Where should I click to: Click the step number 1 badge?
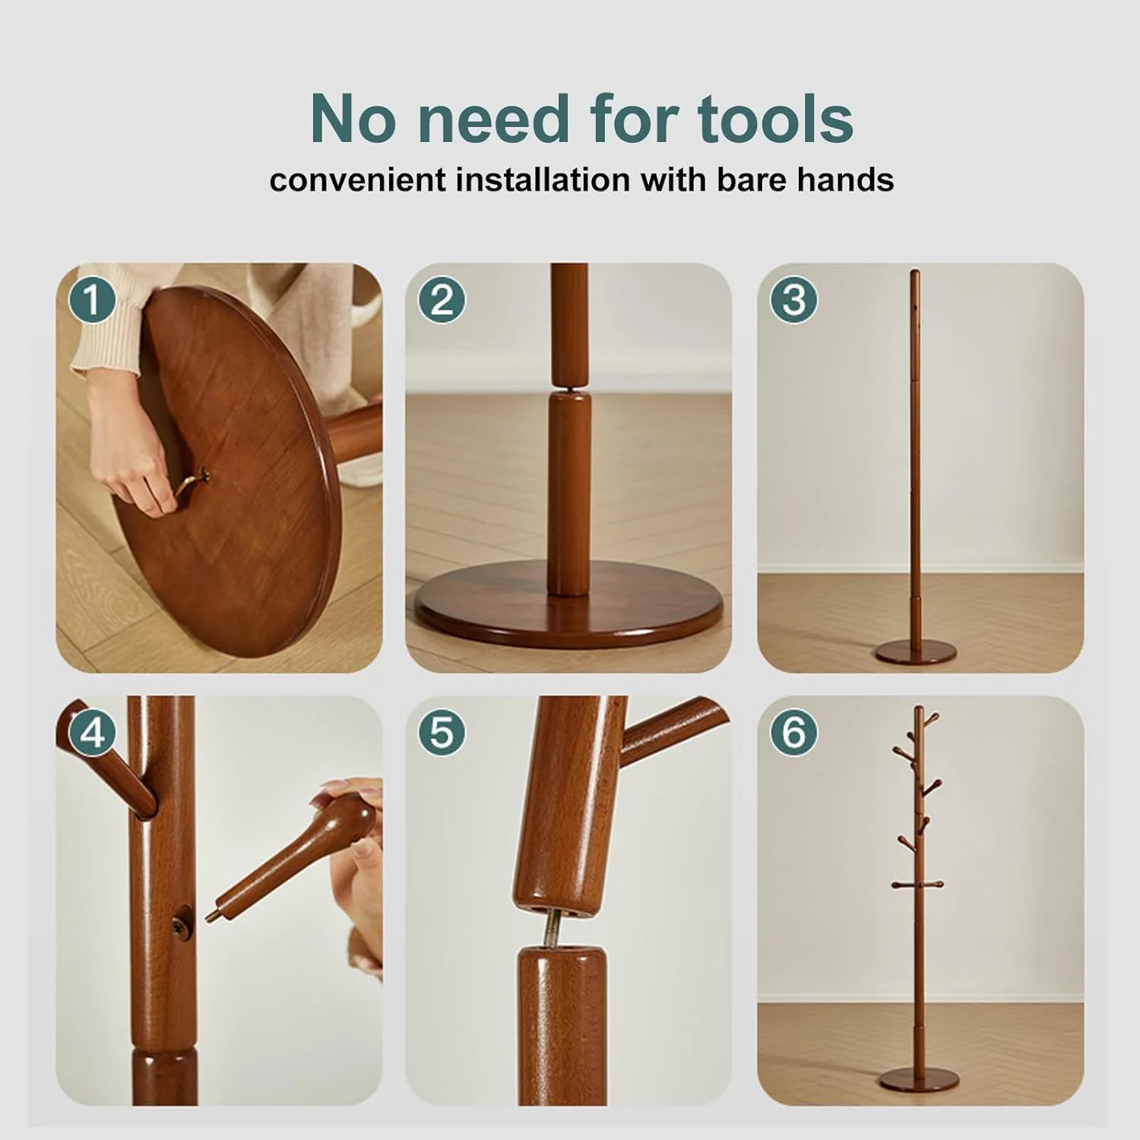92,299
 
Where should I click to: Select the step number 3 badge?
793,299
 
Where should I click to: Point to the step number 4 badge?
92,733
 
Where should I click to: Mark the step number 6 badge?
793,733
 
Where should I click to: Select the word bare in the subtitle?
749,181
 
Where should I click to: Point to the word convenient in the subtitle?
357,181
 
